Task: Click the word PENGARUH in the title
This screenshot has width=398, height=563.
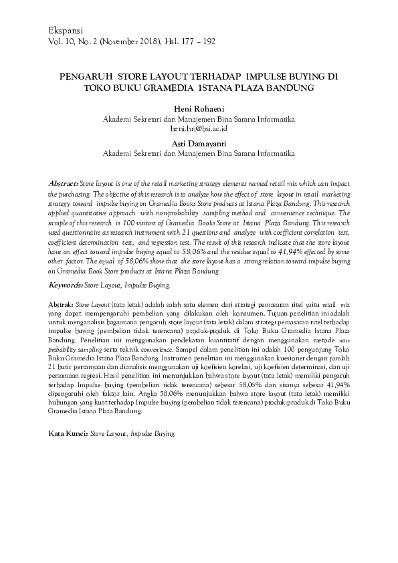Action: [84, 76]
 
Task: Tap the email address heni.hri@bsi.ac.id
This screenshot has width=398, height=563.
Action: [199, 128]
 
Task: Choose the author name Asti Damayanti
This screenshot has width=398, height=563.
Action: [199, 143]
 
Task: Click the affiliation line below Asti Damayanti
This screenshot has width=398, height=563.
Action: [199, 153]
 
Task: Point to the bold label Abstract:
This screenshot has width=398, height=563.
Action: [64, 183]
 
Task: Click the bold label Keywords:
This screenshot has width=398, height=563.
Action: [66, 285]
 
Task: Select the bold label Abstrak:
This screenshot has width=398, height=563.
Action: [63, 304]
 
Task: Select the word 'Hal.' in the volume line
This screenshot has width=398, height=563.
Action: [167, 41]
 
